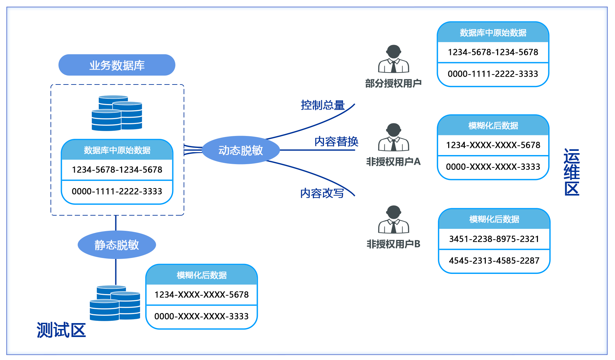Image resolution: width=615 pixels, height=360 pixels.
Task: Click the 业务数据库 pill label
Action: [117, 65]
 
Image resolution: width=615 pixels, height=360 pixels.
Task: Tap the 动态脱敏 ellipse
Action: [241, 150]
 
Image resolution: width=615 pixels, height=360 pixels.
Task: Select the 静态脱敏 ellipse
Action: [117, 245]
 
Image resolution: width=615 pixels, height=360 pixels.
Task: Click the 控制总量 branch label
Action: [323, 105]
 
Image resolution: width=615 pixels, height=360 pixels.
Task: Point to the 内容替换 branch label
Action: [336, 141]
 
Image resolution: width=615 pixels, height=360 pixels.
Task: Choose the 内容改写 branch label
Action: [322, 193]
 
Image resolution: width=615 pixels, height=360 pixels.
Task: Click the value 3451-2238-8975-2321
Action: [494, 239]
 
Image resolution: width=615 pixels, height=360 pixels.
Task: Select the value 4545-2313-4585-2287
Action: [494, 261]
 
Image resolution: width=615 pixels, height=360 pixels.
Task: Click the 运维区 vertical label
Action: [572, 172]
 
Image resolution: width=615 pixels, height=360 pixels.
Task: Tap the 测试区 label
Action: [61, 330]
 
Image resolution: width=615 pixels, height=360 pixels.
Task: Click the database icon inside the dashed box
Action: [117, 113]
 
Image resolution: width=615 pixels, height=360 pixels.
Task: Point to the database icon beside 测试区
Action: [115, 303]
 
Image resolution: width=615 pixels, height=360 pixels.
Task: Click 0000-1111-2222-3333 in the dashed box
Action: [117, 191]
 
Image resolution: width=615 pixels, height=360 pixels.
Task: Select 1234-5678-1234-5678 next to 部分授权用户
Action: [493, 52]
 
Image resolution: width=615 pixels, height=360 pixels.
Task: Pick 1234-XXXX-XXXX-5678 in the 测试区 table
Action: [201, 295]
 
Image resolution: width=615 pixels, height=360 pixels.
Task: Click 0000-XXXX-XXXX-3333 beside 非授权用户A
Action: [493, 167]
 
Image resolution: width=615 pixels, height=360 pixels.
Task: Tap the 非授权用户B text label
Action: [393, 244]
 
